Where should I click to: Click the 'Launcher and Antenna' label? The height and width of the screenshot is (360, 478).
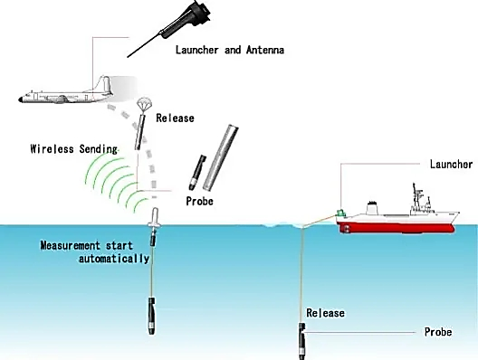(230, 50)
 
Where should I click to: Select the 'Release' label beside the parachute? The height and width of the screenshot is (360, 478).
(175, 118)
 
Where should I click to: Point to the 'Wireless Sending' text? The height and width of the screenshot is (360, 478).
(73, 149)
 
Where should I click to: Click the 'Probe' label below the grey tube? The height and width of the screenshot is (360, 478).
(199, 201)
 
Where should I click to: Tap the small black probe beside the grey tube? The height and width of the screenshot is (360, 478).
(197, 173)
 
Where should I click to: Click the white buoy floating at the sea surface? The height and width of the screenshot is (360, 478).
(155, 218)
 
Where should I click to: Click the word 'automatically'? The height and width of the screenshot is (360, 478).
(114, 259)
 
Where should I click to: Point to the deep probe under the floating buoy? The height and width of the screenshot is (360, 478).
(151, 317)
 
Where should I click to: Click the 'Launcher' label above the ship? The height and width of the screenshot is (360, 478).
(451, 164)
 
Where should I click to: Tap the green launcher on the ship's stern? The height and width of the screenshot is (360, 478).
(340, 213)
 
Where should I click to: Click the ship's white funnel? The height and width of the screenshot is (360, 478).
(371, 207)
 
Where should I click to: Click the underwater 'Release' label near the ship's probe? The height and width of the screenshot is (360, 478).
(325, 313)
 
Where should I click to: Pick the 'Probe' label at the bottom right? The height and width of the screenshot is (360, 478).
(438, 332)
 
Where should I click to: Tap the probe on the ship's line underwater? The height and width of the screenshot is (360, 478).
(301, 341)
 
